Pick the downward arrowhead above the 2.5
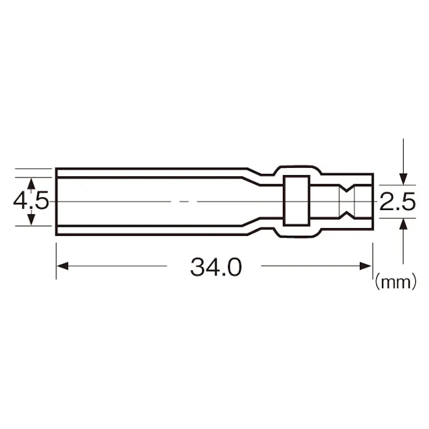[403, 178]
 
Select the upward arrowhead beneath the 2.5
[403, 224]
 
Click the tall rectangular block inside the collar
[295, 200]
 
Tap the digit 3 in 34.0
[197, 267]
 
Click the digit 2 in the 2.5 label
[387, 202]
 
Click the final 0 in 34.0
[234, 267]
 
